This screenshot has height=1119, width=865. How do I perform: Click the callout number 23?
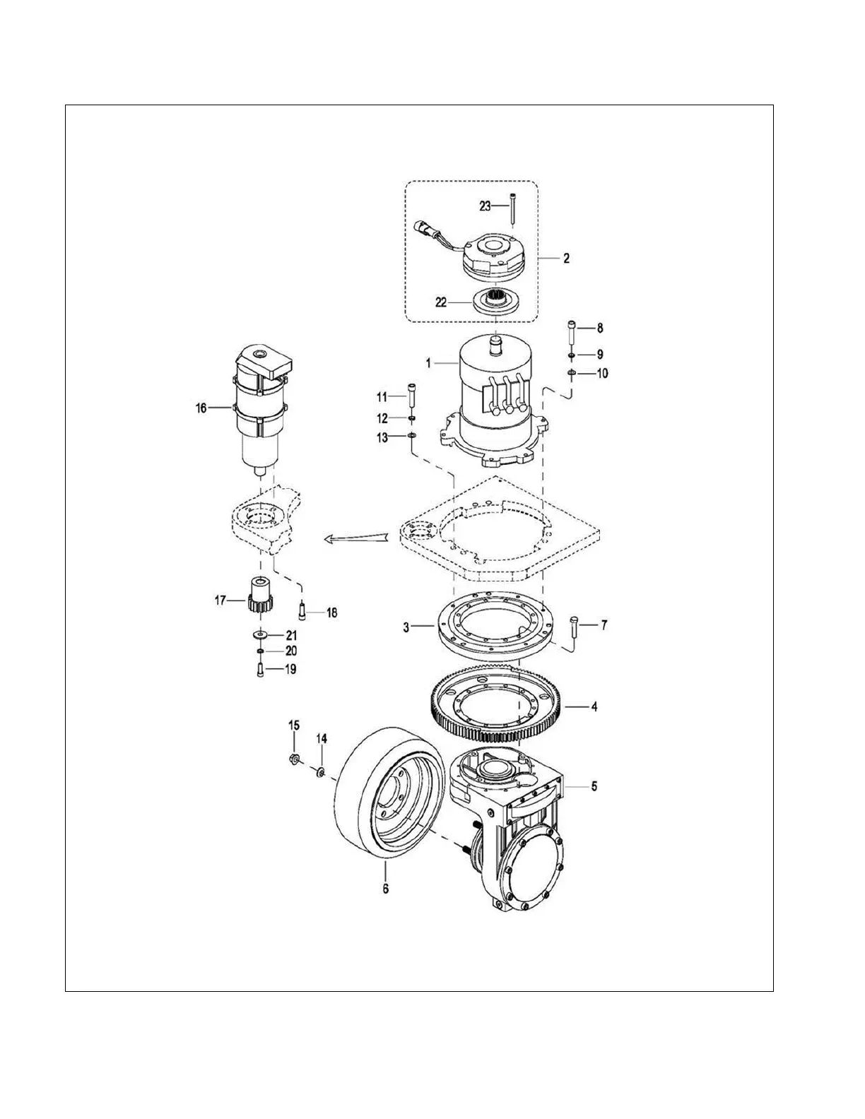485,206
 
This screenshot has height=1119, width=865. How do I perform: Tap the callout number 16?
201,408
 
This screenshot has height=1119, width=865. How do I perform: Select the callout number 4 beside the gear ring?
594,706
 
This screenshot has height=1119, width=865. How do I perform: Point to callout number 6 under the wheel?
385,889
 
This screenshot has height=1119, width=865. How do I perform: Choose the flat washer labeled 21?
260,634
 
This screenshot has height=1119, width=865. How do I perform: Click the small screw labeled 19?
260,669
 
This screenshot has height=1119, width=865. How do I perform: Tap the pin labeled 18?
303,607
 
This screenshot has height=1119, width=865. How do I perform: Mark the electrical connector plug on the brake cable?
422,228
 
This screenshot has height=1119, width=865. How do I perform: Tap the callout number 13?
382,438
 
